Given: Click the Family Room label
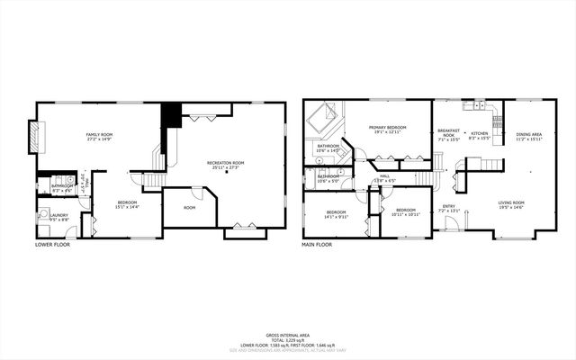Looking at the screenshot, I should point(99,134).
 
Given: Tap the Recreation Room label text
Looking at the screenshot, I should point(228,163).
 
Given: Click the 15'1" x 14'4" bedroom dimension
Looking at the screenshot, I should point(127,207).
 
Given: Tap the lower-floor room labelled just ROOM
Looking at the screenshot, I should point(190,208).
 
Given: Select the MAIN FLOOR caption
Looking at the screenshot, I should point(317,245).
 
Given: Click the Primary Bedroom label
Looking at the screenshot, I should point(387,128).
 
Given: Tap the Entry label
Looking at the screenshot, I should point(448,206).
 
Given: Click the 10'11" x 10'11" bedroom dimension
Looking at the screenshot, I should point(406,214).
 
